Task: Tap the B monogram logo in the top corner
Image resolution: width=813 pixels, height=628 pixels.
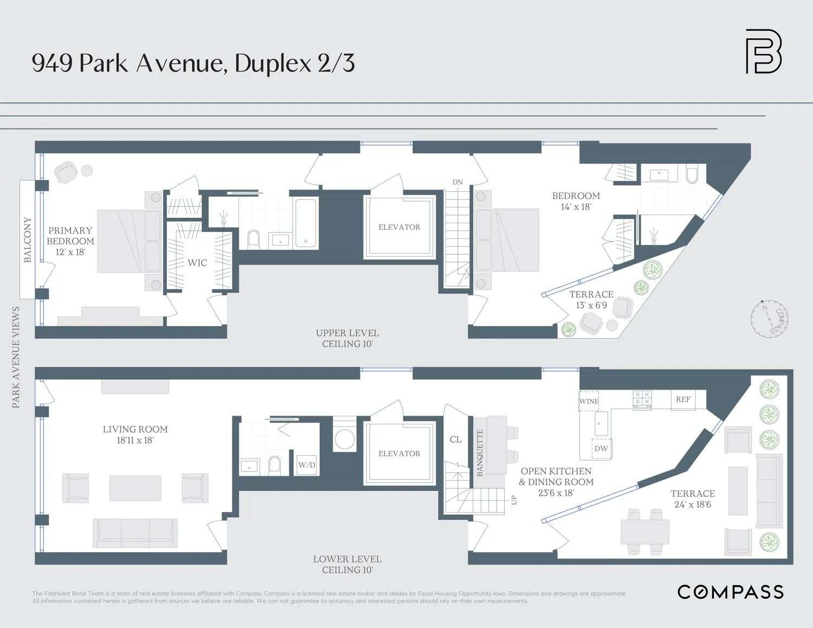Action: point(764,51)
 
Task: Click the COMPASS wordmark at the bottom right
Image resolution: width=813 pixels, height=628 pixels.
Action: point(730,592)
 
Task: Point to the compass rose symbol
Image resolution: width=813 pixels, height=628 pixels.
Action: point(769,319)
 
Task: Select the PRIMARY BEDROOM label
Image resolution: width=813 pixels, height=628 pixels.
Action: point(70,236)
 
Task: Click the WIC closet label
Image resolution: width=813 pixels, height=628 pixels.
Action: point(197,263)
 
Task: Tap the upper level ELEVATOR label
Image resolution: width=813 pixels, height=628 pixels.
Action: point(399,228)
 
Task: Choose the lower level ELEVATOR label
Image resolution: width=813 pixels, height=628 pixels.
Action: point(399,454)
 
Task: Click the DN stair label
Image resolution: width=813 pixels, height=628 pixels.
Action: point(458,182)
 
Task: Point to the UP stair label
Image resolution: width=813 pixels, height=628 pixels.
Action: point(514,500)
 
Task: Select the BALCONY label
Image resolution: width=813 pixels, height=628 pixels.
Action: point(28,240)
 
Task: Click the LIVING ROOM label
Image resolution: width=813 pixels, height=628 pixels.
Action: point(135,430)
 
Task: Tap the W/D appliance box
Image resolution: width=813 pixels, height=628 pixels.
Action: point(307,465)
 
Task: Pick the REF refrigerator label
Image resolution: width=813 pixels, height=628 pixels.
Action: point(683,399)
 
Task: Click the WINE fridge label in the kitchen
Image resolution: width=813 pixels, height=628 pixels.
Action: point(589,402)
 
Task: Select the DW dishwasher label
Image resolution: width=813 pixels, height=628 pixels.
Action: point(601,449)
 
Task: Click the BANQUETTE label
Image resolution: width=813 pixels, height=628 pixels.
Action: point(480,452)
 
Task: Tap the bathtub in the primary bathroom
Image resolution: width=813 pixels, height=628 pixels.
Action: point(306,223)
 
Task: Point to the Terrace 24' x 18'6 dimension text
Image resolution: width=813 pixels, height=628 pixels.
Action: point(693,504)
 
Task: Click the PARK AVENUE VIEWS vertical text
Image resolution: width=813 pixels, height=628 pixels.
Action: point(16,357)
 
